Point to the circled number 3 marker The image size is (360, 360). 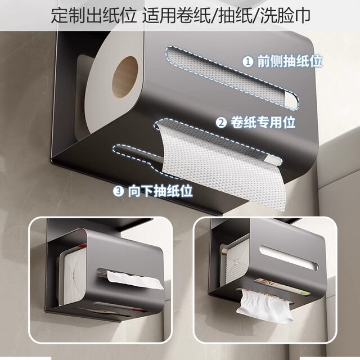pos(119,191)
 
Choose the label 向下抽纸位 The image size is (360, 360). pos(160,191)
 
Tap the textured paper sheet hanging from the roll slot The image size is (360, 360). pos(214,163)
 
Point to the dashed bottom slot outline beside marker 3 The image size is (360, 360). pos(138,153)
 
